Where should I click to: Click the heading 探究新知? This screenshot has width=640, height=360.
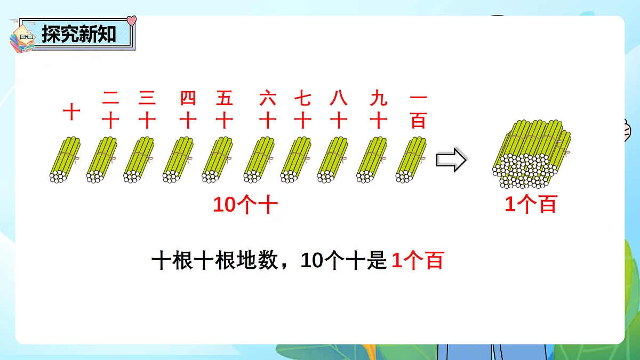pos(78,34)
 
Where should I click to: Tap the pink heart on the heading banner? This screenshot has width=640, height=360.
pos(132,21)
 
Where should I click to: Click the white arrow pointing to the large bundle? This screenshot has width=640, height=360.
pos(451,161)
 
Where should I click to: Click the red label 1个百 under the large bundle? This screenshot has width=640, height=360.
pos(530,205)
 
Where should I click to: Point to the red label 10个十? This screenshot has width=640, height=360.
pos(245,205)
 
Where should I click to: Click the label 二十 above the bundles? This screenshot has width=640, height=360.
pos(110,110)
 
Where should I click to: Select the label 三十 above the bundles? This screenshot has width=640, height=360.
pos(147,110)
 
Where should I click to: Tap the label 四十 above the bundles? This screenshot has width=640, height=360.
pos(188,110)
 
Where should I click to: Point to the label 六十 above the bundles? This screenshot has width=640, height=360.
pos(268,110)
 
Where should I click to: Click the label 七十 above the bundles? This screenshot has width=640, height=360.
pos(302,110)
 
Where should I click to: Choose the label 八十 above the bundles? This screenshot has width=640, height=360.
pos(338,110)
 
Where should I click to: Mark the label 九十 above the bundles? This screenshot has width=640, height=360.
pos(378,110)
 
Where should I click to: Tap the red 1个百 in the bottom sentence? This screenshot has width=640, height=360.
pos(417,261)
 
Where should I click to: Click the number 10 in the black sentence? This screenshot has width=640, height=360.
pos(311,261)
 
